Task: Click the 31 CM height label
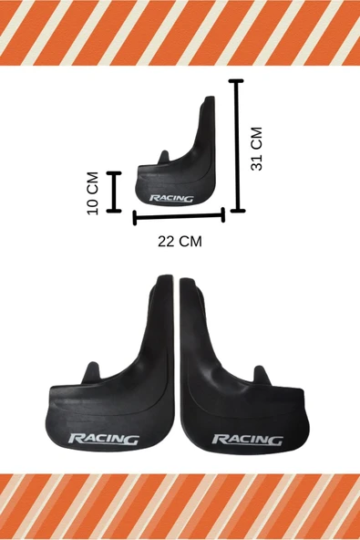click(257, 149)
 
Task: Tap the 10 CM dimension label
click(93, 193)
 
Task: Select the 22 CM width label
click(180, 242)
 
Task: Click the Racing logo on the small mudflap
click(171, 198)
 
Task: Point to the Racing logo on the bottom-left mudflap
click(104, 439)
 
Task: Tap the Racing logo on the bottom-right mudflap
click(247, 440)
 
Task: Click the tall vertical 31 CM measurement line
click(237, 146)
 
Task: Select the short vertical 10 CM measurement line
click(114, 192)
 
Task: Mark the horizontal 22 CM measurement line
click(179, 216)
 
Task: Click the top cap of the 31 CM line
click(236, 81)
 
